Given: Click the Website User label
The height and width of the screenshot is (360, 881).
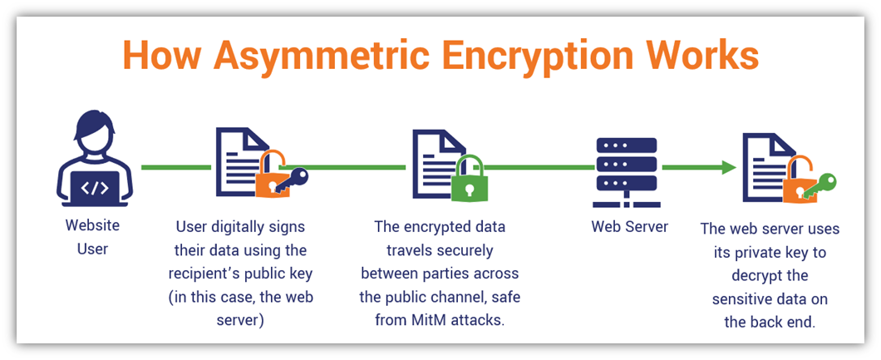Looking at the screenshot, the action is pos(93,236).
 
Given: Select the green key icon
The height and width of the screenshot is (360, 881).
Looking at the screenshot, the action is pos(819,186).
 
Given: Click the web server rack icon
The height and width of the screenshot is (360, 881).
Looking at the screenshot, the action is pos(625,168).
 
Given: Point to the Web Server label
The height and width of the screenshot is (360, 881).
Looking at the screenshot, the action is pos(630,227).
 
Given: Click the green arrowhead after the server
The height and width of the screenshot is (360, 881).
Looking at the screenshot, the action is pos(729,167).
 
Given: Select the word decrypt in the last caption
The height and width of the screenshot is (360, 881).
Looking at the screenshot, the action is pos(770,276).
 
